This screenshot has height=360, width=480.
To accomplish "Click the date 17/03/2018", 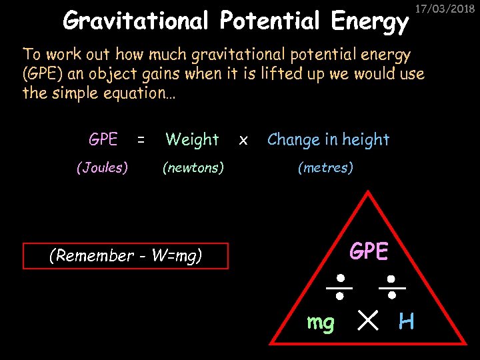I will click(x=453, y=9).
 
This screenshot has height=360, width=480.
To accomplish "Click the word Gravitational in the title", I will click(x=137, y=22).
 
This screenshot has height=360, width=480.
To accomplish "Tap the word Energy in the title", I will click(x=369, y=22).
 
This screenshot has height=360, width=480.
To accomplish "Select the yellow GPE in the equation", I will click(x=103, y=139).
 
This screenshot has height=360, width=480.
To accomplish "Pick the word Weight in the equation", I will click(x=192, y=140).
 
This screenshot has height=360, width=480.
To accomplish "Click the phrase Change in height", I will click(x=328, y=140).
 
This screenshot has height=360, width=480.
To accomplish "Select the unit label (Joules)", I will click(x=103, y=168).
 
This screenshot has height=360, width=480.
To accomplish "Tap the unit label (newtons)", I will click(x=193, y=168).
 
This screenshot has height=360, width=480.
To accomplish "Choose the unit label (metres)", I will click(x=326, y=168).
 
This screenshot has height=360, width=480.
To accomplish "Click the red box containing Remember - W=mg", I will click(x=125, y=255).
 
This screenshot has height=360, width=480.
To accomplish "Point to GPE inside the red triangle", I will click(x=369, y=251).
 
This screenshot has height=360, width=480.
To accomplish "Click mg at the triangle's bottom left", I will click(x=321, y=323).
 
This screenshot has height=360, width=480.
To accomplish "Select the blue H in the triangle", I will click(x=406, y=323).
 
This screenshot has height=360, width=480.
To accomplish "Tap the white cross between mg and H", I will click(x=366, y=322).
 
